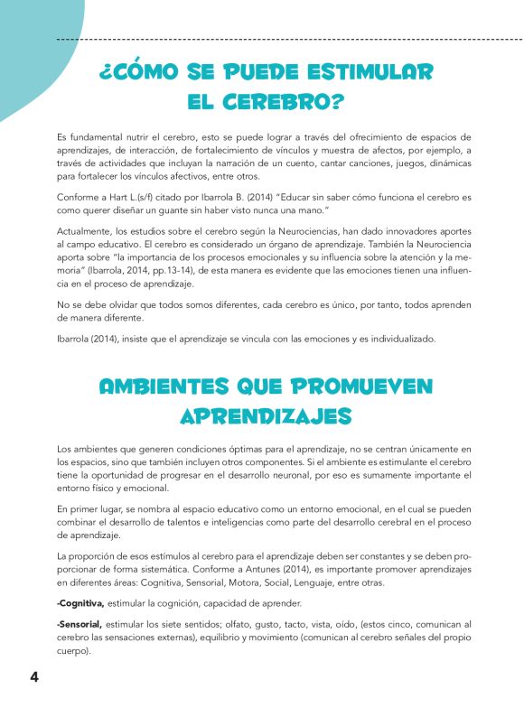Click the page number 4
coord(33,677)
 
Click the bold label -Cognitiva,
coord(80,602)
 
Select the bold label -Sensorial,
coord(80,624)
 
